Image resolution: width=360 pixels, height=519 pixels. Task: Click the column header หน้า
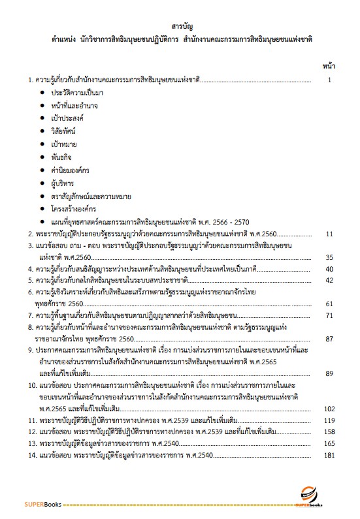click(328, 66)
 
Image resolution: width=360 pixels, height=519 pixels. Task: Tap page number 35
click(329, 257)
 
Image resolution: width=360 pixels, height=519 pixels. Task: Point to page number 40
click(329, 268)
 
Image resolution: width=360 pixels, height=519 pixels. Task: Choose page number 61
click(329, 304)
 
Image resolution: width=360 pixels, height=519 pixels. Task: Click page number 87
click(329, 339)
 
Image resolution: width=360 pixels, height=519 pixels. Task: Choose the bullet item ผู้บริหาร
click(63, 183)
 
